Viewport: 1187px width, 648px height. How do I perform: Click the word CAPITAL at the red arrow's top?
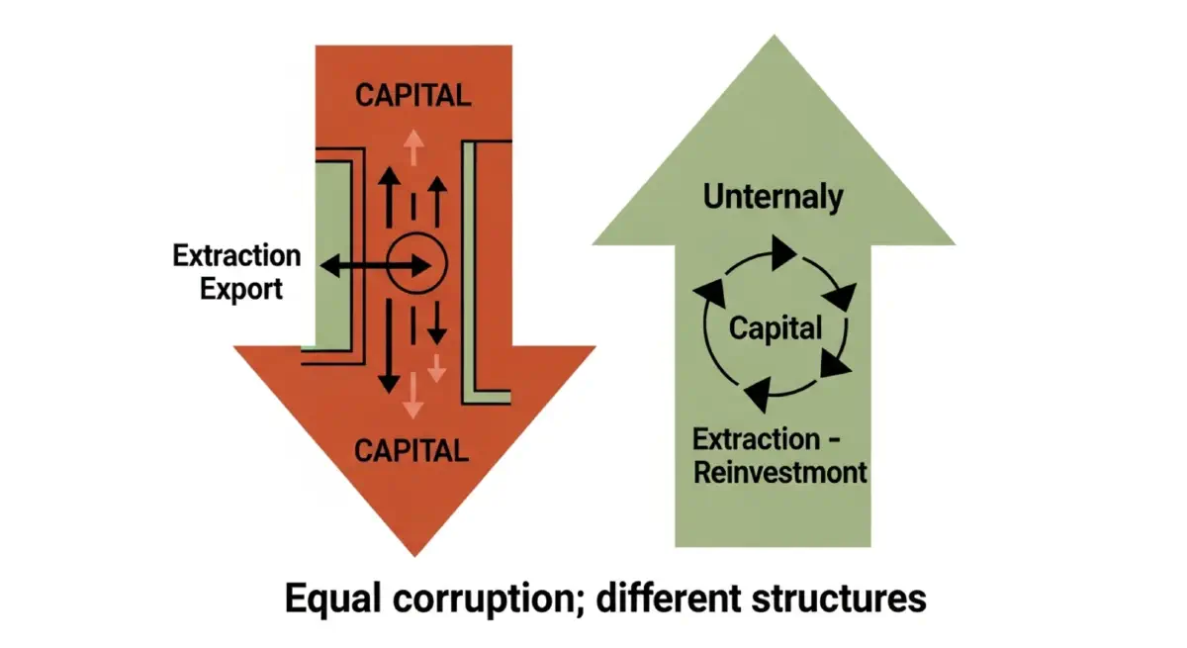pyautogui.click(x=413, y=96)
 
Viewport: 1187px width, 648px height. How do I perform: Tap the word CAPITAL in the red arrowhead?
pyautogui.click(x=411, y=450)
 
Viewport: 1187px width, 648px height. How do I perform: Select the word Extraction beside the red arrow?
pyautogui.click(x=236, y=256)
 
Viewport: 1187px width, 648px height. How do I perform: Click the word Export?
pyautogui.click(x=241, y=289)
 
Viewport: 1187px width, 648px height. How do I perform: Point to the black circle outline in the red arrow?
pyautogui.click(x=416, y=264)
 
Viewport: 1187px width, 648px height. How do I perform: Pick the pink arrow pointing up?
pyautogui.click(x=413, y=148)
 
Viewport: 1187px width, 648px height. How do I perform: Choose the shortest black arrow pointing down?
pyautogui.click(x=437, y=321)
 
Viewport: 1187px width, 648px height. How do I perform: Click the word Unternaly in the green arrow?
pyautogui.click(x=774, y=196)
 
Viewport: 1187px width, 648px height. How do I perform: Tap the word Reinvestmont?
pyautogui.click(x=779, y=471)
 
